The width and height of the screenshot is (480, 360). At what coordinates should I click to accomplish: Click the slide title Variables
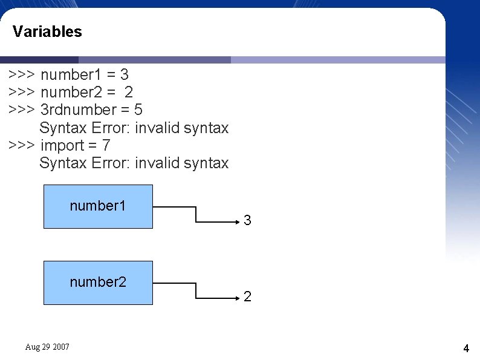click(47, 31)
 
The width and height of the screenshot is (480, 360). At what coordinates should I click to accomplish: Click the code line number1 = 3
click(84, 75)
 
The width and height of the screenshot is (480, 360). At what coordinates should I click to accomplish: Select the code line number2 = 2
click(86, 93)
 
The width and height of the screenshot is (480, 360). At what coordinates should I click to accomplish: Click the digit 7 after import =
click(106, 146)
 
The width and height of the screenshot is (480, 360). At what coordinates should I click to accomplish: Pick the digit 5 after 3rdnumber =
click(138, 110)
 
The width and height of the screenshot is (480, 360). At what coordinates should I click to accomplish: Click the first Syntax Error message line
click(134, 128)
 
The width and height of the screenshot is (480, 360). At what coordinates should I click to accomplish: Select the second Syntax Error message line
click(134, 163)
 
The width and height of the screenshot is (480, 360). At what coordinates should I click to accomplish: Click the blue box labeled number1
click(98, 206)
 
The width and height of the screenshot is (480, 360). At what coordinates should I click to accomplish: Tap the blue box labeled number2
click(98, 283)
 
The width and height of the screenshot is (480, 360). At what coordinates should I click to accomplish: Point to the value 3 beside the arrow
click(248, 221)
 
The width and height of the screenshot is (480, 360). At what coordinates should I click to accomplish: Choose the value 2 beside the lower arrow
click(248, 297)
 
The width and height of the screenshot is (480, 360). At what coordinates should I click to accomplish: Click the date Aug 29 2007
click(47, 347)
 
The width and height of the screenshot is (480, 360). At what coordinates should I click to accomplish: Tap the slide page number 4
click(466, 349)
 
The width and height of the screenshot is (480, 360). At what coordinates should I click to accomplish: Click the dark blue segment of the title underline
click(39, 60)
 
